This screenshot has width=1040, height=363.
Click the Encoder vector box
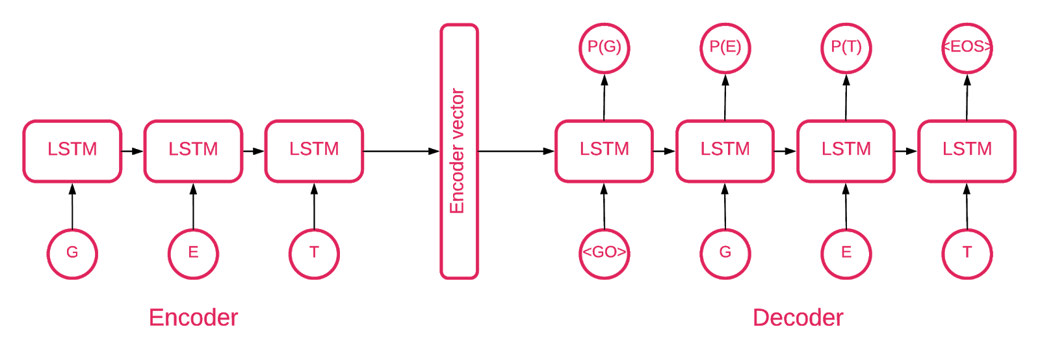(x=459, y=151)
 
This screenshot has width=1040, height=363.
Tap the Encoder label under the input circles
(x=193, y=317)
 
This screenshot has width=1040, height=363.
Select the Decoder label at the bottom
(x=798, y=317)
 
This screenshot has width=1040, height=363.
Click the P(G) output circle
(x=604, y=47)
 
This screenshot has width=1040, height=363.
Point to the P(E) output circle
(x=725, y=47)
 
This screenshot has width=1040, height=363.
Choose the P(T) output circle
(x=846, y=47)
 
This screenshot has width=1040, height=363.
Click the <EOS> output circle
(x=967, y=47)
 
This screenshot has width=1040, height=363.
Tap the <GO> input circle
(x=604, y=253)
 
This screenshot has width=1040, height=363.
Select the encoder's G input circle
(x=72, y=253)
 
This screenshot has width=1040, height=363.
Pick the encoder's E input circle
(x=193, y=253)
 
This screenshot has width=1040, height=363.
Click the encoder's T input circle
(x=314, y=253)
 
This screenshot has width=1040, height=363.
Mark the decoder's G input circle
(x=725, y=253)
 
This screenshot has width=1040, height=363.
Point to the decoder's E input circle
(x=846, y=253)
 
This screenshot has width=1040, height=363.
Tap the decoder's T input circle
(x=967, y=253)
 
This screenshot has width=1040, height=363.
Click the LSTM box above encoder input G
(x=72, y=150)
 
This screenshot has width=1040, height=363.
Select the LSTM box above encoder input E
(x=193, y=150)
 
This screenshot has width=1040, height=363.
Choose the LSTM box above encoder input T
(x=314, y=150)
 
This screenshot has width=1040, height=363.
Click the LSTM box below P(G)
(x=604, y=150)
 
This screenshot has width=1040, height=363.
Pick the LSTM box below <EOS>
(x=967, y=150)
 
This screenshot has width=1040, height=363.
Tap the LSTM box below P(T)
(x=846, y=150)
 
